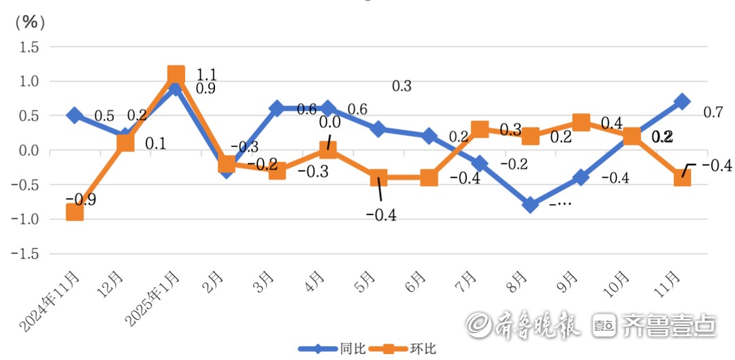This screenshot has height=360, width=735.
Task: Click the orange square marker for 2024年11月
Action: coord(74,212)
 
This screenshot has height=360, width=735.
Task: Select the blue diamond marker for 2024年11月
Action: coord(74,116)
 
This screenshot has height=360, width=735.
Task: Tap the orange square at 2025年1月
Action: coord(176,75)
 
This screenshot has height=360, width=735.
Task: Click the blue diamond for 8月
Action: coord(530,205)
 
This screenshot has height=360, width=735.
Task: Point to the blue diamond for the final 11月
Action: coord(683,102)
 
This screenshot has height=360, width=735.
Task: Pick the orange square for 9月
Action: coord(581,122)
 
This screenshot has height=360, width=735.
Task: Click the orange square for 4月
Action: coord(328,150)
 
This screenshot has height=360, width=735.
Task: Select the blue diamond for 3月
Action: coord(277,109)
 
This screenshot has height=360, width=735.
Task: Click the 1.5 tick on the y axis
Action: coord(29,47)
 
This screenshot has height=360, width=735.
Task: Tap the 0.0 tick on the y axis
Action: coord(29,150)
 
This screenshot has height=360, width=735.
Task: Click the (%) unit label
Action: coord(30,22)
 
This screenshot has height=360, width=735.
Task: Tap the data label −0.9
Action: coord(80,199)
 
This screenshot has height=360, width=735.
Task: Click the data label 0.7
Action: coord(713,112)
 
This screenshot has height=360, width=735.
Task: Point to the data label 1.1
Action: coord(206,73)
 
